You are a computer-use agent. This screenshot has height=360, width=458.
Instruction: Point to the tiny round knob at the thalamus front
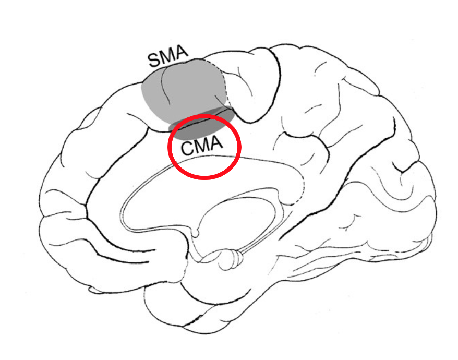click(197, 230)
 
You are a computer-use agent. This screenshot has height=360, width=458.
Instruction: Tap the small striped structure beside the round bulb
click(239, 256)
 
